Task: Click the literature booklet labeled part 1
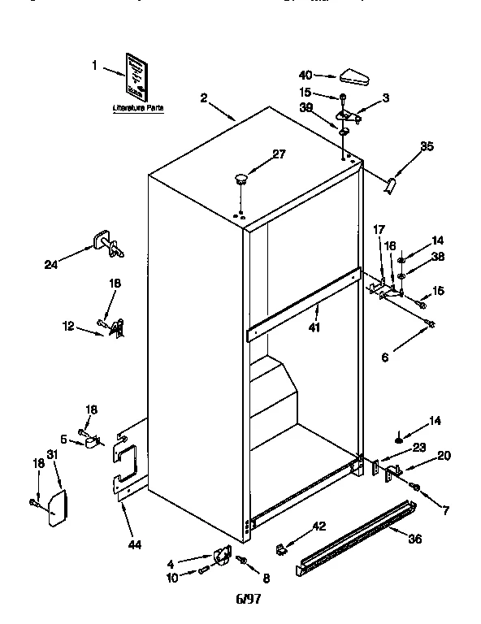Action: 137,78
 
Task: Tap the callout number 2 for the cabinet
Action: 204,98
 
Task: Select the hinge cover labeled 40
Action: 353,77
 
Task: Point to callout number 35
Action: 427,147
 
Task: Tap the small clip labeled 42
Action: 281,549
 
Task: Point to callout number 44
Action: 135,544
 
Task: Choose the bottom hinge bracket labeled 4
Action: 219,557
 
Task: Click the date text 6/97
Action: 247,600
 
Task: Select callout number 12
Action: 67,327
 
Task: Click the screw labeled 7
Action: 416,487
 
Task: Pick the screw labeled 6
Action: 431,325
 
